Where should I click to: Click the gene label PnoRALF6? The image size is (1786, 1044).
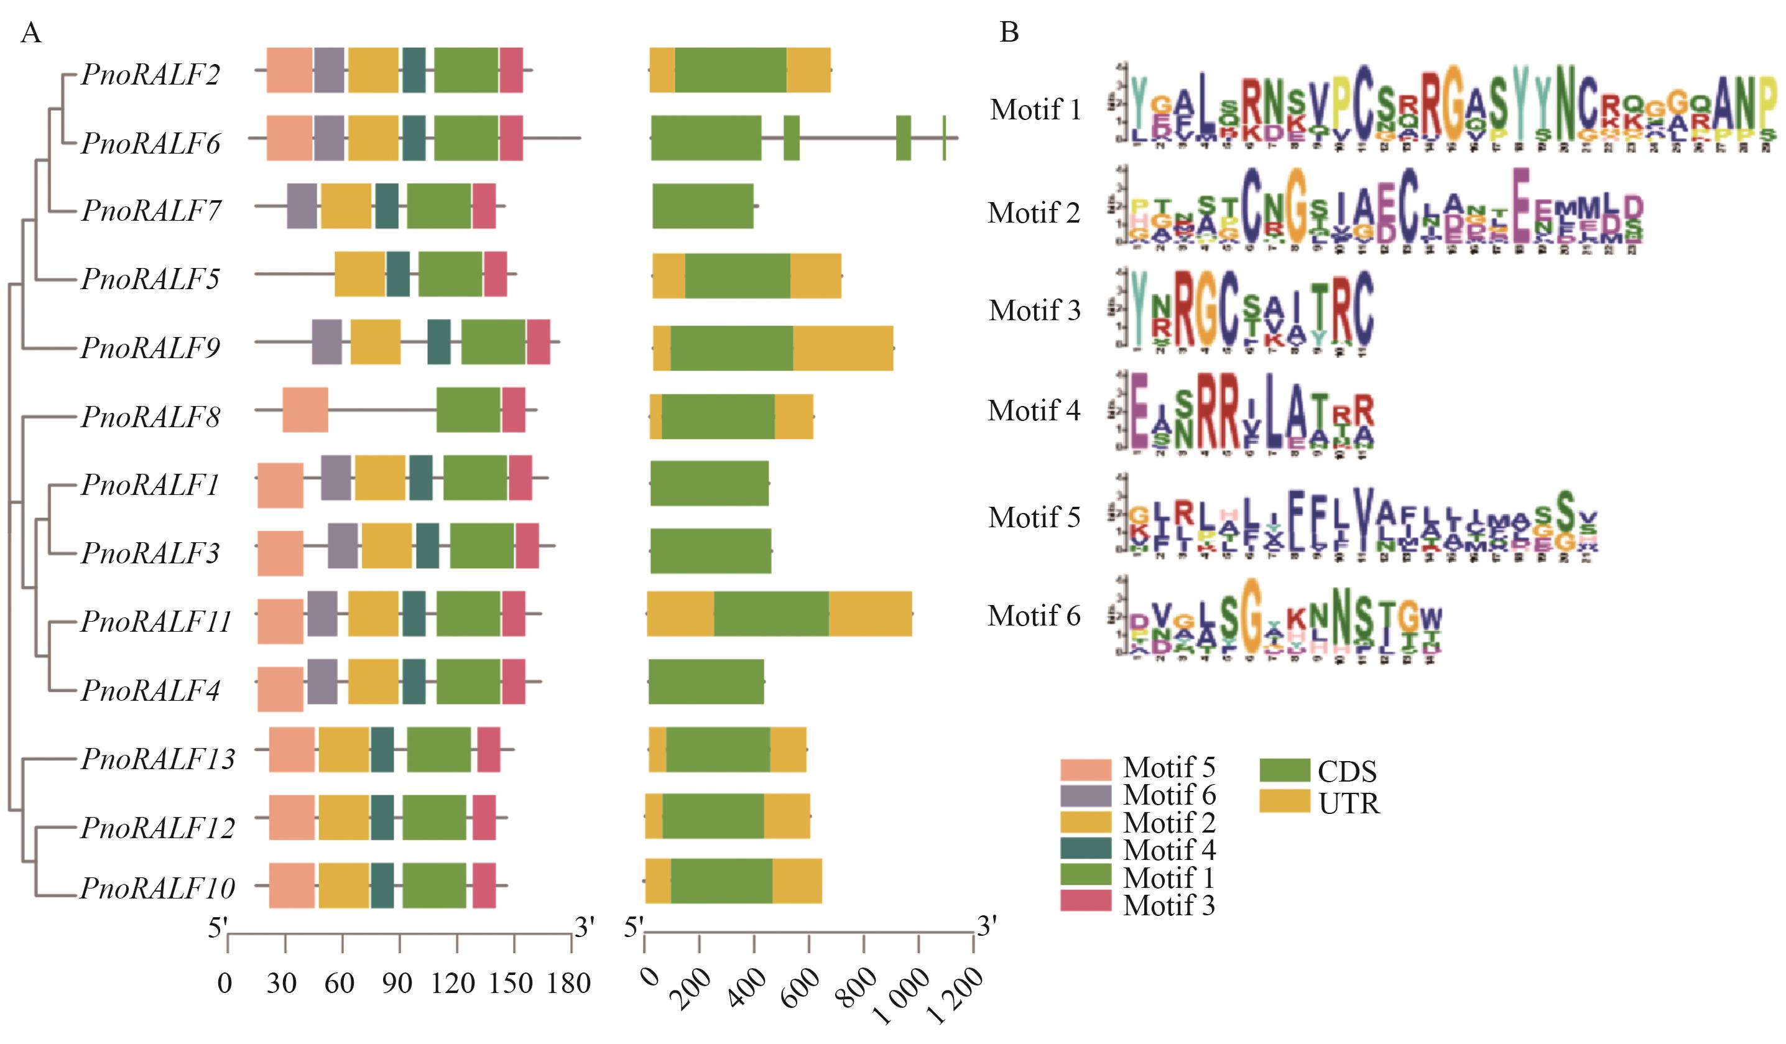(151, 143)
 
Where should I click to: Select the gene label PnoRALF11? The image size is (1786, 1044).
(157, 622)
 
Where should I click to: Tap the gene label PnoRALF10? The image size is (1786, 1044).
(157, 888)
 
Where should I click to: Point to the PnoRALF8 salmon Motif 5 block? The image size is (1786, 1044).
(305, 410)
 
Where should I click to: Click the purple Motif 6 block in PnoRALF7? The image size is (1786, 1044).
(302, 206)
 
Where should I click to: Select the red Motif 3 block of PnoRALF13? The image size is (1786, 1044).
(488, 749)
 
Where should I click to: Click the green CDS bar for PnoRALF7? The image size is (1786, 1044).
(702, 206)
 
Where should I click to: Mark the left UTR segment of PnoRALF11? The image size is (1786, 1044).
(680, 613)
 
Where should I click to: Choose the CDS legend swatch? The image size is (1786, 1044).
(1284, 770)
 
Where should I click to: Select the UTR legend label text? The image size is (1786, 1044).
(1349, 804)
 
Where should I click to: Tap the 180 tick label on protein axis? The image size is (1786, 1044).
(568, 983)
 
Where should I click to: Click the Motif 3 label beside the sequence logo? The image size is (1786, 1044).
(1035, 310)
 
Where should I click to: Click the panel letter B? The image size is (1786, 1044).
(1009, 32)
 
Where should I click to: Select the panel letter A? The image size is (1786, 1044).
(30, 32)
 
